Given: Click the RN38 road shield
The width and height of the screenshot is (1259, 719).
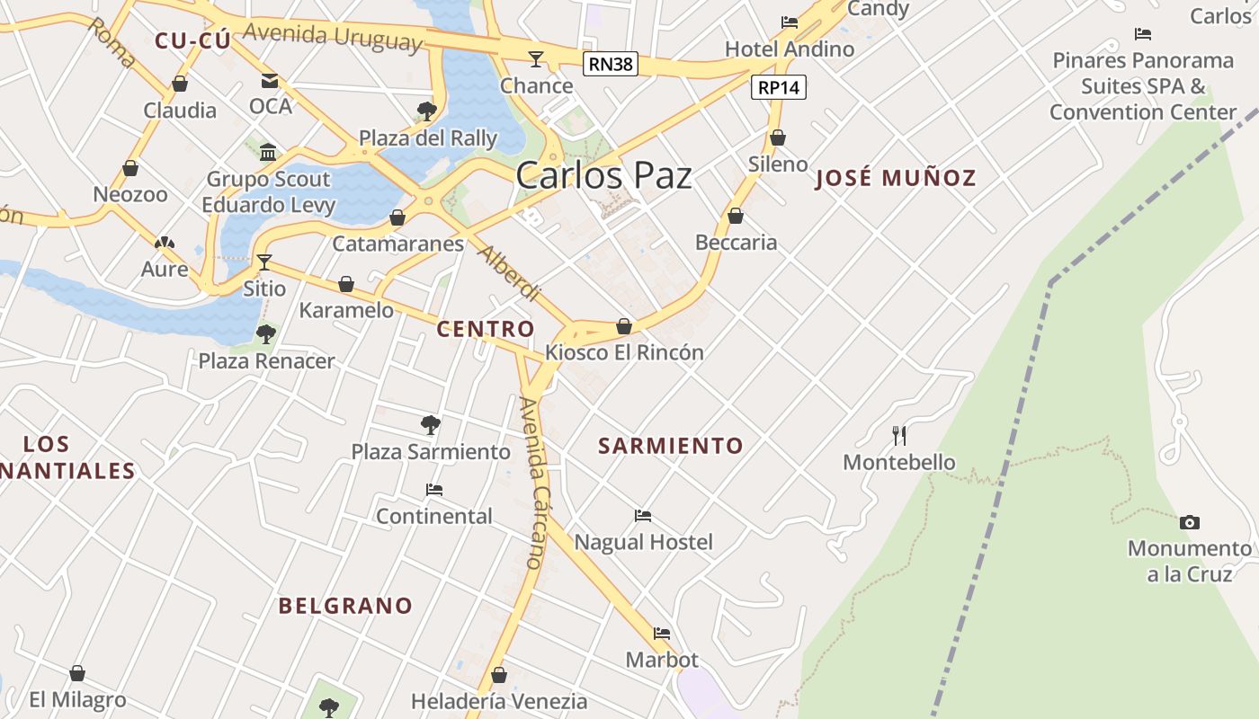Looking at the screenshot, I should pos(611,64).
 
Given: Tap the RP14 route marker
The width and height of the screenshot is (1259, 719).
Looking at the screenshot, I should pos(779,87).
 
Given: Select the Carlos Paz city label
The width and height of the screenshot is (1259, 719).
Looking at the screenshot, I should pos(603,175).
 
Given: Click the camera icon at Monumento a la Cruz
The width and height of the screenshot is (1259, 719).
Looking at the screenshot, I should pos(1189,522).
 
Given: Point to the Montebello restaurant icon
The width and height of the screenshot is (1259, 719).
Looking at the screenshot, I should pos(898,436).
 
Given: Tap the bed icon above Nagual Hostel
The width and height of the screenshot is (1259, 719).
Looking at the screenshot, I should pos(643,516).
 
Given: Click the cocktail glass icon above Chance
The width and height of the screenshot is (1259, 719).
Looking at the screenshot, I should pos(536,59).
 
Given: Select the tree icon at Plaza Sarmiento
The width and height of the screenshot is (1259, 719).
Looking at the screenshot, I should pos(431,424).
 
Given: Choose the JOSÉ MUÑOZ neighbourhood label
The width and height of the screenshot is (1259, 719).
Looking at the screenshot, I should pos(895,178).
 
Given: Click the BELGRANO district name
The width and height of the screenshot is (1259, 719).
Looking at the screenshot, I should pos(345,606).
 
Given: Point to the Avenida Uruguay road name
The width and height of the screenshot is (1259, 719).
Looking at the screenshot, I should pos(333,37).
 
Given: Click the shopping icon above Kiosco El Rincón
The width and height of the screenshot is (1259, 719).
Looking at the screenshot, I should pos(624,326).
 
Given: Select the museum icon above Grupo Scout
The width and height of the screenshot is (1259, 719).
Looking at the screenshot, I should pos(268,152).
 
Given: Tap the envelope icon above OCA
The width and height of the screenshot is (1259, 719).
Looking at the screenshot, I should pos(270,80).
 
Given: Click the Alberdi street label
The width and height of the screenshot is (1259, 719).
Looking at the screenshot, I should pos(508,272).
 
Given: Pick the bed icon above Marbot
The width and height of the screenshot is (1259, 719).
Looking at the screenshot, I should pos(662,634).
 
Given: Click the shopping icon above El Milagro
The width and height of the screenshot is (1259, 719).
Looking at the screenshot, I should pos(77,673).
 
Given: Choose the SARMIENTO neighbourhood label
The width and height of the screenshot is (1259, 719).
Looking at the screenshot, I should pos(671,446).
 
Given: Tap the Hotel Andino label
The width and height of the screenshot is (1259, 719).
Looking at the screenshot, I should pos(790,49).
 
